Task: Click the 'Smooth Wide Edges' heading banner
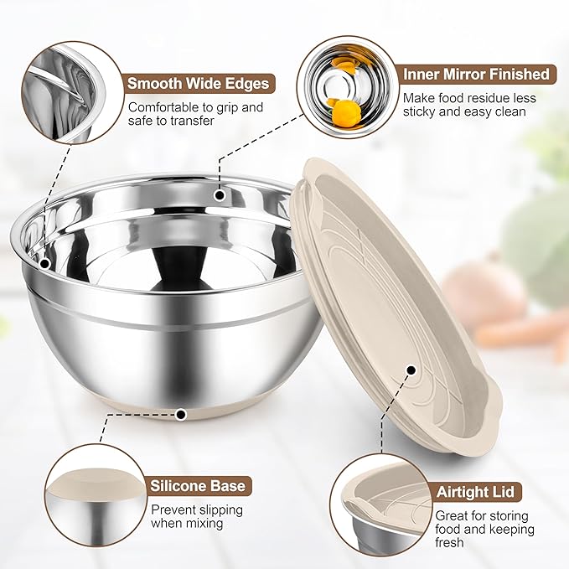tap(199, 83)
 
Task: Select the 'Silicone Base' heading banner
tap(198, 486)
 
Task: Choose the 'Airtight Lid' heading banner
tap(475, 492)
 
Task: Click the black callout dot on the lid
tap(410, 370)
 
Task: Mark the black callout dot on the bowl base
tap(182, 413)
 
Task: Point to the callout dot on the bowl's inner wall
tap(220, 195)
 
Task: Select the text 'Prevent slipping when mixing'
tap(197, 516)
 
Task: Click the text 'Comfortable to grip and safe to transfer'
tap(195, 115)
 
